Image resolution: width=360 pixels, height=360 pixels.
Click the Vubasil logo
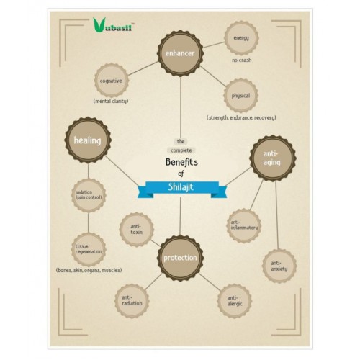point(113,25)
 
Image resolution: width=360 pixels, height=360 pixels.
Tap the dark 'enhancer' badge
point(180,53)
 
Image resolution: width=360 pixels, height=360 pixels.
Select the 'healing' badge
point(88,140)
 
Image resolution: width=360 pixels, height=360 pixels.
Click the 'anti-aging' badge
point(273,158)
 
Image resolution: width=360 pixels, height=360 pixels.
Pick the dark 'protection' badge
point(180,258)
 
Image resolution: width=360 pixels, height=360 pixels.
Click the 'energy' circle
point(241,38)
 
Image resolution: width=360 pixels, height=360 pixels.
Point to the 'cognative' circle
point(112,81)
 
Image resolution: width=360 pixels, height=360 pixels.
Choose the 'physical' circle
point(240,96)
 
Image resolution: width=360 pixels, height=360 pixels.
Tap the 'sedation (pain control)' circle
point(89,195)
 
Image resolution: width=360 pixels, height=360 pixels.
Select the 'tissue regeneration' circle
point(89,249)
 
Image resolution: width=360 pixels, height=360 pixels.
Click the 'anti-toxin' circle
point(137,230)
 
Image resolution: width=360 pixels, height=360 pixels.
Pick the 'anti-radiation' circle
point(132,301)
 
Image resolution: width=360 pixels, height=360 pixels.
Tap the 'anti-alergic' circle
point(235,301)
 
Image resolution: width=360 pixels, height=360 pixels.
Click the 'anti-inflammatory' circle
point(244,225)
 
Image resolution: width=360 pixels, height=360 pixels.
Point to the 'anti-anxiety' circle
point(279,266)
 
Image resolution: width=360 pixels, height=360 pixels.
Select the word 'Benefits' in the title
point(181,162)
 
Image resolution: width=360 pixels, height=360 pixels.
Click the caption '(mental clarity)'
point(111,101)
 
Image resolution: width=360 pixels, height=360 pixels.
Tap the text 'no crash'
point(242,60)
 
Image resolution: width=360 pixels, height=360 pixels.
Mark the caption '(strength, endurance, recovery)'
point(241,117)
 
